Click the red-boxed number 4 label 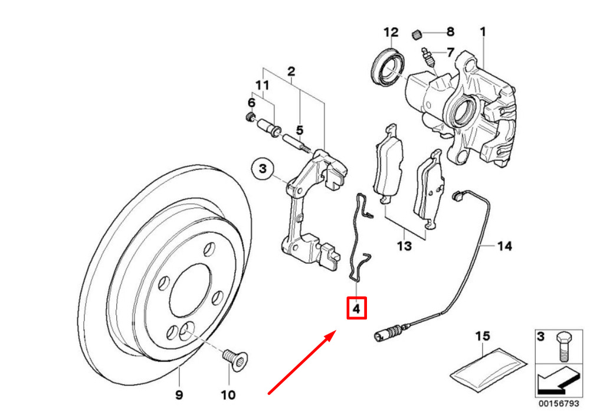(356, 308)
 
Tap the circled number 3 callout (263, 169)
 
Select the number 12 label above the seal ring (391, 32)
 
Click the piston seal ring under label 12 (389, 67)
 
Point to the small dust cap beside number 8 (416, 34)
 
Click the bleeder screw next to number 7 (428, 57)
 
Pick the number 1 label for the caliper (483, 32)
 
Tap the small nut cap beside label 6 (249, 117)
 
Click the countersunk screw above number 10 (235, 359)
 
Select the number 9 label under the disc (179, 394)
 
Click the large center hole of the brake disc (189, 292)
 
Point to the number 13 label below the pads (405, 246)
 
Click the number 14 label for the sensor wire (504, 246)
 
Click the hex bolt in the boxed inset (563, 346)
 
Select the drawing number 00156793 (558, 403)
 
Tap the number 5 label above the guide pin (299, 130)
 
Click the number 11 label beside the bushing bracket (263, 85)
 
